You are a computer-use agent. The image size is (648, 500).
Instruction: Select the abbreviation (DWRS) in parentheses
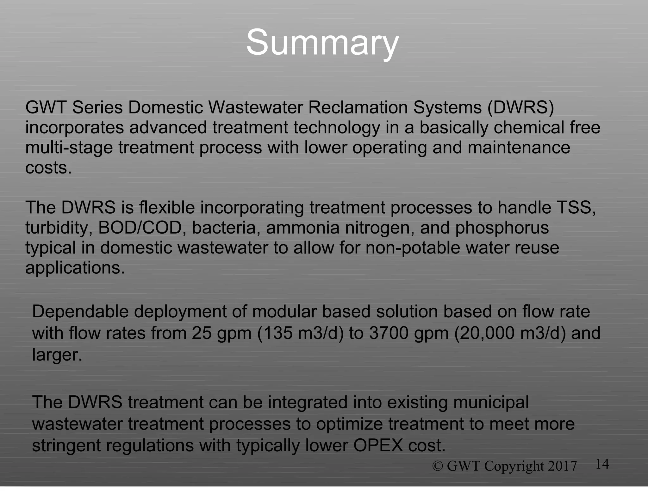(520, 107)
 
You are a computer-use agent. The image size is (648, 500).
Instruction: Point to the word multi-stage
(69, 148)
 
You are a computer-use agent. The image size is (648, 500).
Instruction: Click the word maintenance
(519, 148)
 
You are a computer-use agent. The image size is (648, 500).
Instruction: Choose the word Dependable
(80, 312)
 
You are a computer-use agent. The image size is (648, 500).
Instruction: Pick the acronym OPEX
(378, 445)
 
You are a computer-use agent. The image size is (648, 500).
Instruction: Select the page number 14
(602, 464)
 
